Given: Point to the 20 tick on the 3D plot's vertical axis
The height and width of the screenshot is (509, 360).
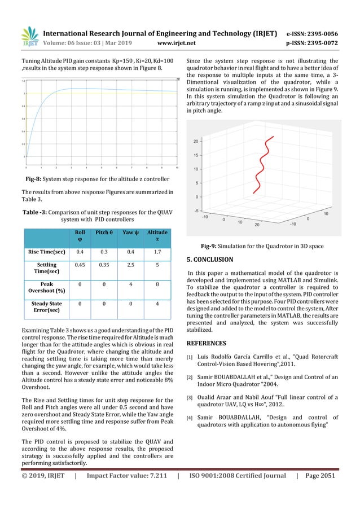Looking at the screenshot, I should pos(195,141).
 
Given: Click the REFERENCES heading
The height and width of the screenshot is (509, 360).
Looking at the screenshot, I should pos(207,343).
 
